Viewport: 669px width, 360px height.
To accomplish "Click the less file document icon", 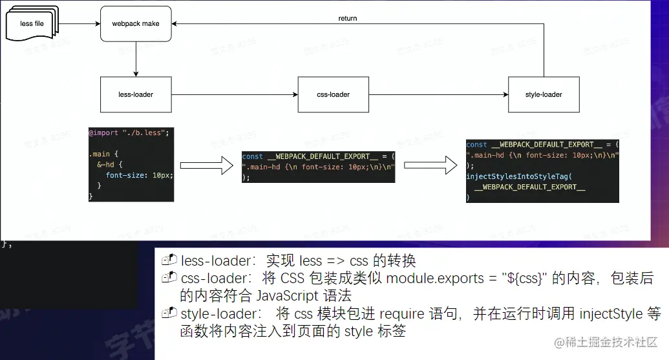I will (x=30, y=25).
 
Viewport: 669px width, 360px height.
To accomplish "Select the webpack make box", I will (x=136, y=24).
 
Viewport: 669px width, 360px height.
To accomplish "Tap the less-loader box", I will (x=136, y=94).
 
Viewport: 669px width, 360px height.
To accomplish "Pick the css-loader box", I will (x=333, y=94).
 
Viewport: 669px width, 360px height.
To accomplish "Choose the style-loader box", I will (x=543, y=94).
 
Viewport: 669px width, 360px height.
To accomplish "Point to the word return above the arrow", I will (x=347, y=18).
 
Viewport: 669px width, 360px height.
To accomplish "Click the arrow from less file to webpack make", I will (x=79, y=24).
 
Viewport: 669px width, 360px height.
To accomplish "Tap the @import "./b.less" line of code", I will (x=129, y=132).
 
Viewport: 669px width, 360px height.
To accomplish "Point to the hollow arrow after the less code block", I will (x=206, y=165).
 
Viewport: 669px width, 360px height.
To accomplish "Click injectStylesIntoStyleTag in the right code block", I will (x=519, y=176).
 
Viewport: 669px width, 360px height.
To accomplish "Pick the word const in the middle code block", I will (x=253, y=156).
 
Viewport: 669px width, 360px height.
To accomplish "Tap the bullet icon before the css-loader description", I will (x=169, y=278).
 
